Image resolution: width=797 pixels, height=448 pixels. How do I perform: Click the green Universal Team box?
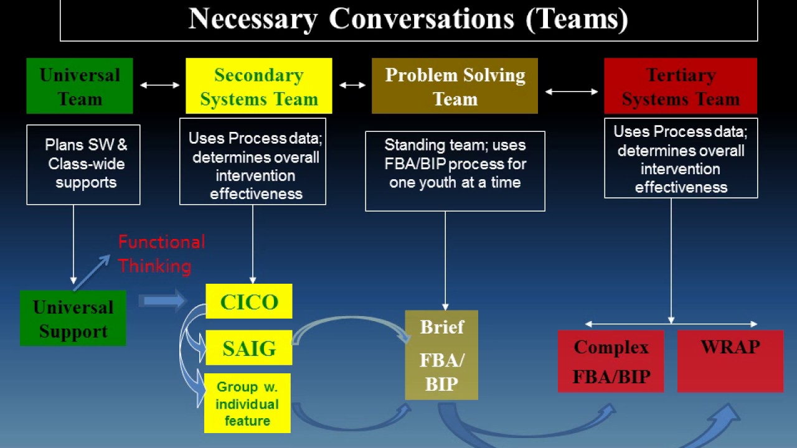tap(80, 86)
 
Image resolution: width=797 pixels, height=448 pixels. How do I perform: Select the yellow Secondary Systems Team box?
tap(258, 86)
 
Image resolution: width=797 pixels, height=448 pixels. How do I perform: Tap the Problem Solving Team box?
tap(455, 86)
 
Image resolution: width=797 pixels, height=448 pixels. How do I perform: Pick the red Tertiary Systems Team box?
tap(681, 86)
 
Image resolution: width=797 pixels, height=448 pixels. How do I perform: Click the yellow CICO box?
tap(248, 302)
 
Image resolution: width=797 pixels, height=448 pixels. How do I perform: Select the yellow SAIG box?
tap(248, 348)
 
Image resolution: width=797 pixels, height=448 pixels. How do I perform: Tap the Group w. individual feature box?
tap(247, 403)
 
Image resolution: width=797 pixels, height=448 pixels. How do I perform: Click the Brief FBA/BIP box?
tap(441, 355)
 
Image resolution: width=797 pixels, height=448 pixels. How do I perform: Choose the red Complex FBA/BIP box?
tap(611, 362)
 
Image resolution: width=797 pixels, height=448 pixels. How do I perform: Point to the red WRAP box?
tap(730, 362)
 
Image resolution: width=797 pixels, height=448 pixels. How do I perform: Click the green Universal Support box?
tap(73, 319)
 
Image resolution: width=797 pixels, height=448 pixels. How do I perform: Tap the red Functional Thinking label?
tap(161, 254)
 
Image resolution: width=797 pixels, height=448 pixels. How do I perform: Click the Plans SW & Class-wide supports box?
tap(83, 164)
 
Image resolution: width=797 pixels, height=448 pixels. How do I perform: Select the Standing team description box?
tap(455, 170)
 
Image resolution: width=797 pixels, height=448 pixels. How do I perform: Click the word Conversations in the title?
tap(421, 19)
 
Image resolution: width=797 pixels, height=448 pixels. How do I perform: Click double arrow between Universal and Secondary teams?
tap(159, 85)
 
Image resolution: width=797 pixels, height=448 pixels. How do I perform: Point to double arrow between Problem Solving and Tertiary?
tap(571, 91)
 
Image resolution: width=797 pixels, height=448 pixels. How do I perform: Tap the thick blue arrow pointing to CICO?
tap(162, 301)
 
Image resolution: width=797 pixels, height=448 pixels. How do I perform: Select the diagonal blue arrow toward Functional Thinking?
tap(92, 272)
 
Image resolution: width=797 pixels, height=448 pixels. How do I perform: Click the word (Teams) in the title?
tap(577, 19)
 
